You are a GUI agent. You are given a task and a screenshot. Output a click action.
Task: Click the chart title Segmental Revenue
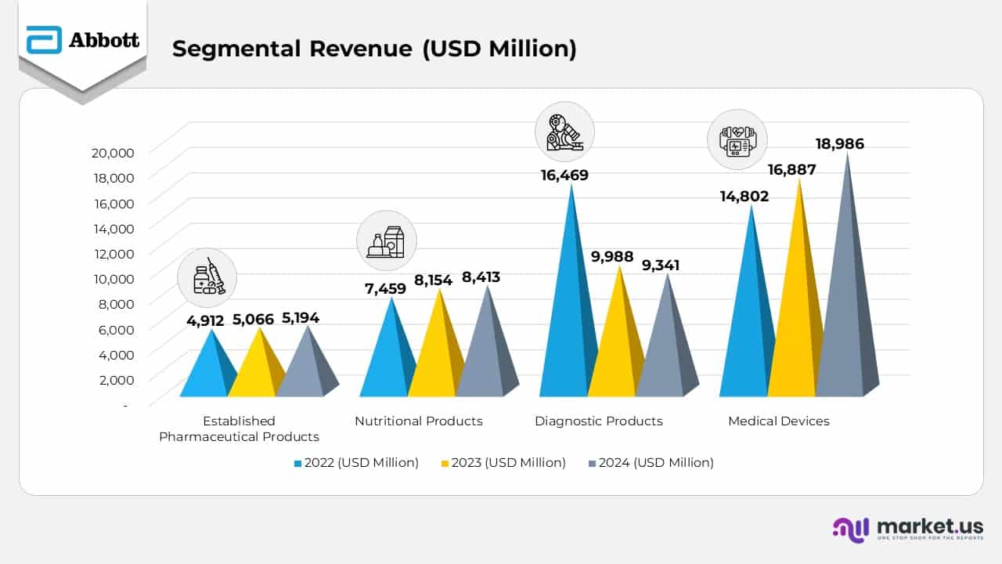[x=374, y=49]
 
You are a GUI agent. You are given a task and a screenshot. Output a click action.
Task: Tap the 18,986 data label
[x=840, y=144]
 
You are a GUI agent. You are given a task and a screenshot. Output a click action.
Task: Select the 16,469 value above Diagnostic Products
[x=564, y=175]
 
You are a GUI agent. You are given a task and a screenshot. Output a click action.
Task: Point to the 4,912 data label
[x=205, y=320]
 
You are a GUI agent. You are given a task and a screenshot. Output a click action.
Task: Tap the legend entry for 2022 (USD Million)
[x=356, y=463]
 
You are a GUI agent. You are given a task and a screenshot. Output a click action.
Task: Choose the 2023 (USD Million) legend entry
[x=503, y=463]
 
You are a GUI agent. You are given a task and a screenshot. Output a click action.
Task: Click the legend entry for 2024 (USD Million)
[x=651, y=463]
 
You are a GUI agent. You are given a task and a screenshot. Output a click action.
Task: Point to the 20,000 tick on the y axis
[x=113, y=152]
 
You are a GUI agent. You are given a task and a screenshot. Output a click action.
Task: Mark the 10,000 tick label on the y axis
[x=113, y=278]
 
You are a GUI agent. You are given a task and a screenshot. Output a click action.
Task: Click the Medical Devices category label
[x=778, y=421]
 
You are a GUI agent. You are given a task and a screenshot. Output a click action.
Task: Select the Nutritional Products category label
[x=419, y=421]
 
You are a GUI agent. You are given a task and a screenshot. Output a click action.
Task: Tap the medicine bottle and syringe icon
[x=207, y=278]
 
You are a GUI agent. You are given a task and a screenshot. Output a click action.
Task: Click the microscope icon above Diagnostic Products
[x=564, y=132]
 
